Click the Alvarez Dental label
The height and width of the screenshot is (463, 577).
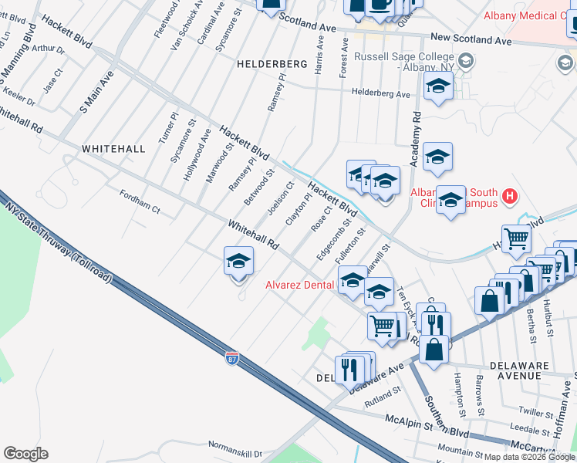point(299,285)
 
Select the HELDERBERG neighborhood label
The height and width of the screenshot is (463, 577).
point(267,64)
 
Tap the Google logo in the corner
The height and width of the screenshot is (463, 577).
point(25,454)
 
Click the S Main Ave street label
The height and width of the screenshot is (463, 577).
point(96,92)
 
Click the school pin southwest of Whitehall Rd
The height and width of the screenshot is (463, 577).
point(239,262)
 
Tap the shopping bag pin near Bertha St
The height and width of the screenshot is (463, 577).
point(491,300)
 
